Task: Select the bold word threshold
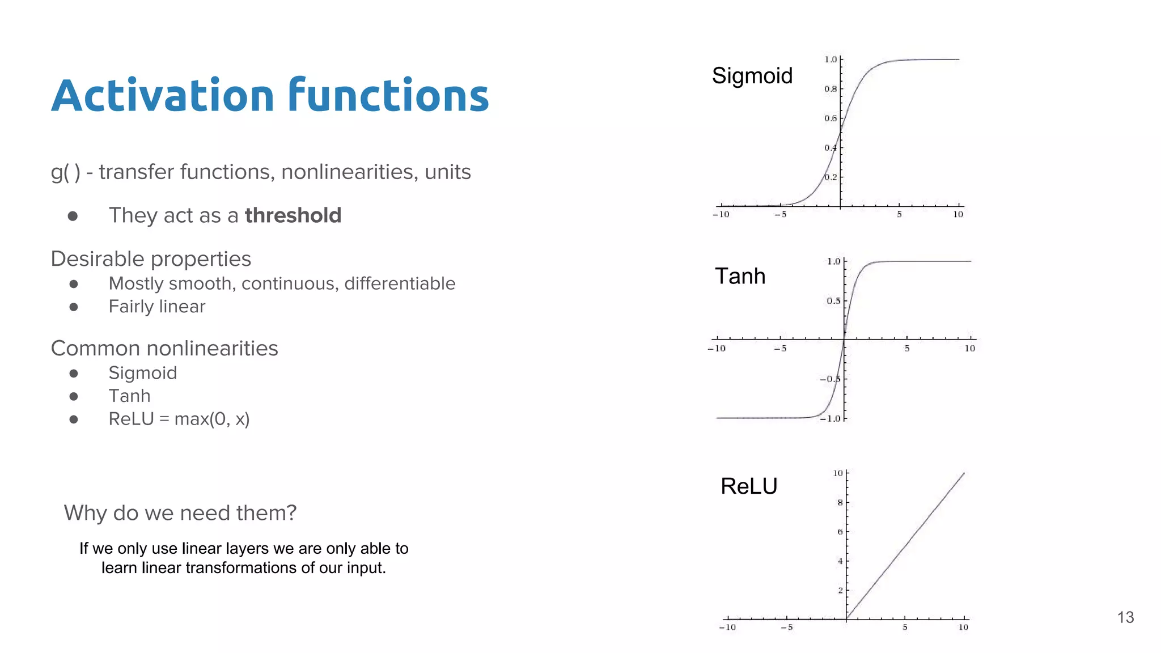293,215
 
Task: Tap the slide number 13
1125,617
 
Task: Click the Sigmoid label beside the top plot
752,76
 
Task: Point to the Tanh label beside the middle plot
740,276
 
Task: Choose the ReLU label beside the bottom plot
748,486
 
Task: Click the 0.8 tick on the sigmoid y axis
830,89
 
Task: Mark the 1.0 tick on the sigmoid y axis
830,60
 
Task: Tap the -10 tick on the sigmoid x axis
721,214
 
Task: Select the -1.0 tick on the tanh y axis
831,419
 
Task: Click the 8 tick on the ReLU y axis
840,503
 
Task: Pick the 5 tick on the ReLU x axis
905,627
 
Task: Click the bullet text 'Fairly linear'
156,307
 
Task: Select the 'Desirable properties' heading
151,259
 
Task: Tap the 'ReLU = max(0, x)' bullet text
179,419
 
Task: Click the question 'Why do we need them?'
180,513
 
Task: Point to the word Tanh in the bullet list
129,396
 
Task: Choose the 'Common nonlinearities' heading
164,349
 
